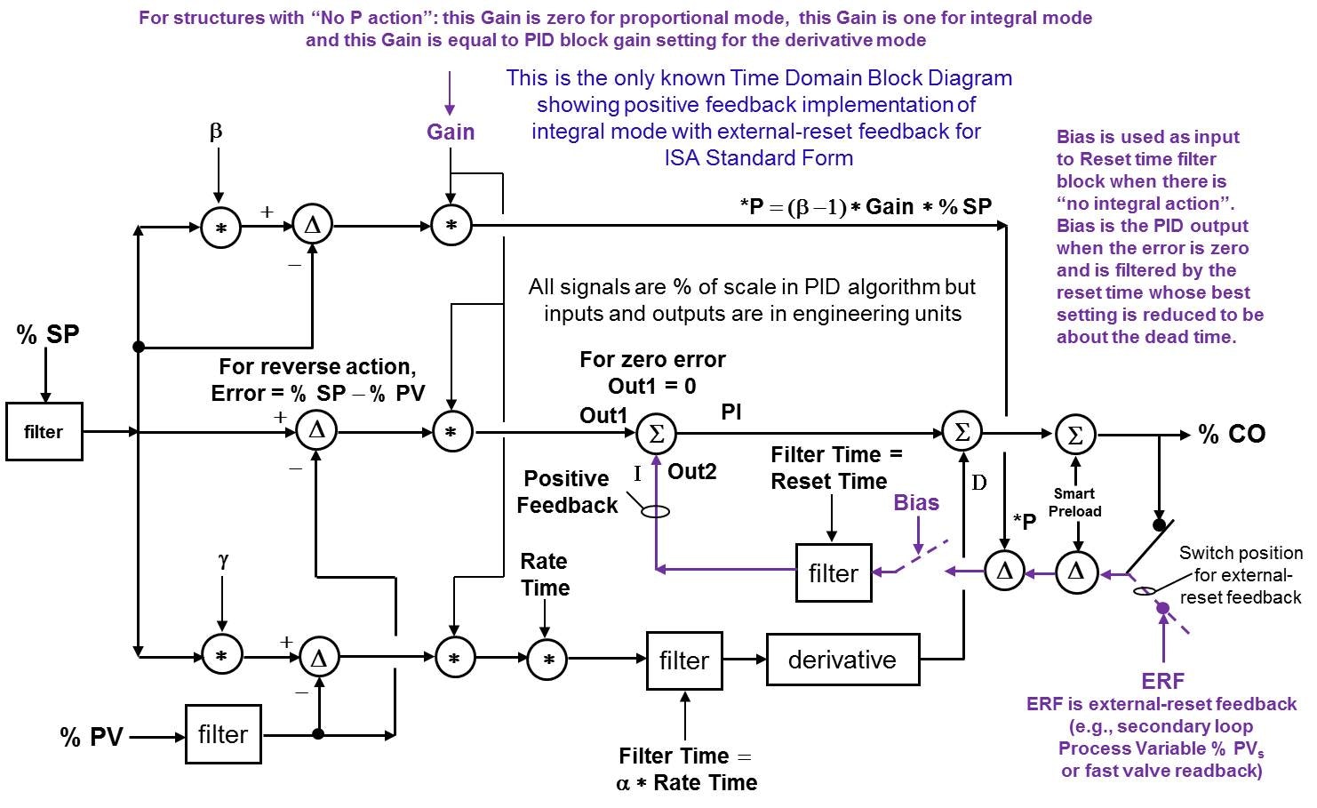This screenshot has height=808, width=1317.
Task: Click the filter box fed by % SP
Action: point(44,432)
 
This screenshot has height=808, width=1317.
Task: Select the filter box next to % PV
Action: point(223,734)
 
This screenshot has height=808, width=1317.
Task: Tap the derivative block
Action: point(842,660)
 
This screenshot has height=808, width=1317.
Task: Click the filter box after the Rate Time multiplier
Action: point(684,660)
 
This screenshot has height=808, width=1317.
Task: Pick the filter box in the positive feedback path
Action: point(834,573)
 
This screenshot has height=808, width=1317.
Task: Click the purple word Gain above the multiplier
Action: point(451,132)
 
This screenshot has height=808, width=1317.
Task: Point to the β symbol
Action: point(216,132)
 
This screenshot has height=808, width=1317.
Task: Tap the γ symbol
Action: point(222,560)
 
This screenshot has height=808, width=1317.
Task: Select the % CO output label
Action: point(1232,434)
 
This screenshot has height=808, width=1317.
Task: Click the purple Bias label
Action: point(916,503)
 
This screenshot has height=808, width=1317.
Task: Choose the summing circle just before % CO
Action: point(1075,435)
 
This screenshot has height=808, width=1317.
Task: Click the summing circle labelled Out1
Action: point(657,434)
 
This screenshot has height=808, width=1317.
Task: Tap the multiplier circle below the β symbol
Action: point(221,228)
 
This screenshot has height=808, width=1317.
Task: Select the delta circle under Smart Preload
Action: point(1076,572)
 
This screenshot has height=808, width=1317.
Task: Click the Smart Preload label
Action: point(1074,502)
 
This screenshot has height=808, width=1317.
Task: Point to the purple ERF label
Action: point(1162,681)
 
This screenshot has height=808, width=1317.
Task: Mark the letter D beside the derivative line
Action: point(978,483)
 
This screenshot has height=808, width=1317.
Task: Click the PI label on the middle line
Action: point(731,412)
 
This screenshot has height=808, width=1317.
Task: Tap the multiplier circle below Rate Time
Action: point(547,660)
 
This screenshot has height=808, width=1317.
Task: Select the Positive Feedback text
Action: point(567,492)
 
